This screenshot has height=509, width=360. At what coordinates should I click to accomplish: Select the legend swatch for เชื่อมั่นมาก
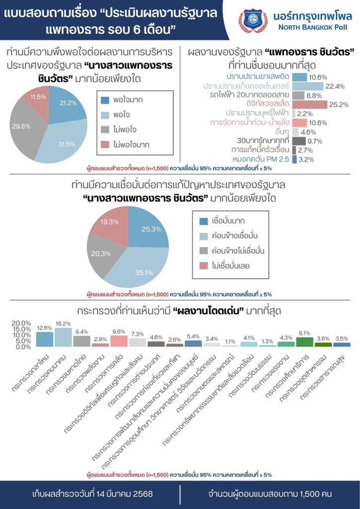point(203,221)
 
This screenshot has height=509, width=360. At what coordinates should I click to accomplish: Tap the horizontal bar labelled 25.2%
point(309,104)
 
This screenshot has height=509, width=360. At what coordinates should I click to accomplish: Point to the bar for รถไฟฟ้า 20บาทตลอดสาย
point(298,95)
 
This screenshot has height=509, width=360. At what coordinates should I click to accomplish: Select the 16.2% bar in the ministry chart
point(63,337)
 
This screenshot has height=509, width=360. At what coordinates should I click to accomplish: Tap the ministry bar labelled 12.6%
point(44,339)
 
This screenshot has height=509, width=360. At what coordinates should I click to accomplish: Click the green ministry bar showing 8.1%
point(304,341)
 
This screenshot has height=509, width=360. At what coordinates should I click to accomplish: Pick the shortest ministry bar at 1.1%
point(230,345)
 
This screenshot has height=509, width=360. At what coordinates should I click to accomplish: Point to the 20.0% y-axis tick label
point(21,323)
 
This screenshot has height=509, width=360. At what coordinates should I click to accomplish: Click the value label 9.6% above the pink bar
point(119,331)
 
